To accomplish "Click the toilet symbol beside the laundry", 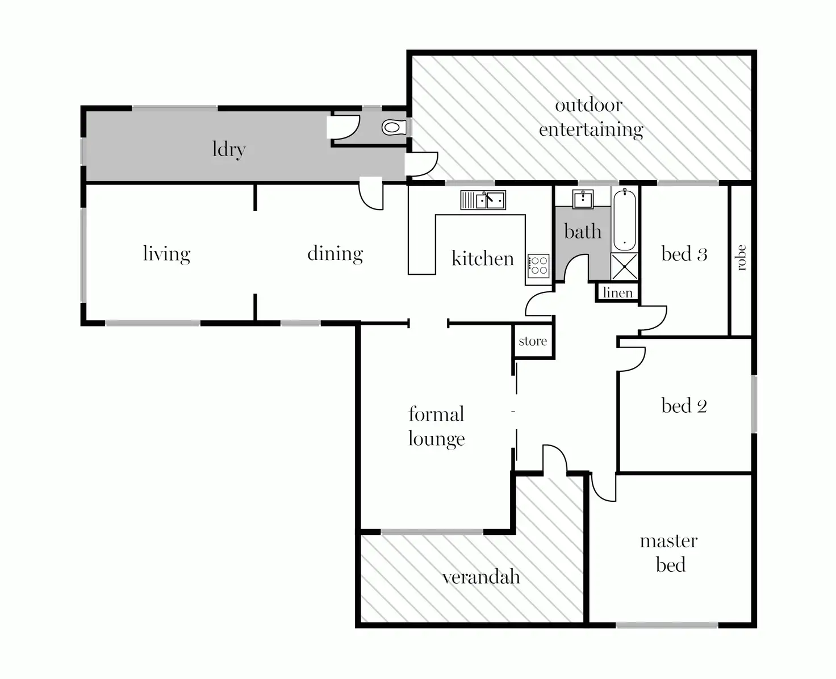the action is (x=392, y=127).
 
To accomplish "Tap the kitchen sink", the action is (x=483, y=200).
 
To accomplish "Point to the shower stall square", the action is (x=624, y=266).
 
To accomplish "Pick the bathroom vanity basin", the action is (x=583, y=199).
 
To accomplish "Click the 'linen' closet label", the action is (x=617, y=292).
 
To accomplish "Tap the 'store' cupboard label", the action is (x=533, y=341).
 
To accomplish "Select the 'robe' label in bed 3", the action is (x=740, y=258).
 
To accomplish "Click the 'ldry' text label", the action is (x=229, y=149).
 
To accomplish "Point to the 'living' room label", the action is (x=166, y=253).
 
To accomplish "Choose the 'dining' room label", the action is (x=335, y=253).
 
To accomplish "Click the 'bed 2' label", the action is (x=684, y=405).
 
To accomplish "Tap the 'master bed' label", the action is (x=669, y=552).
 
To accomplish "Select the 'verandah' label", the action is (x=481, y=577).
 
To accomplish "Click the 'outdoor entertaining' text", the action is (x=591, y=117).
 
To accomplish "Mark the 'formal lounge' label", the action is (x=436, y=426).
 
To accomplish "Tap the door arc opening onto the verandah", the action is (x=555, y=457).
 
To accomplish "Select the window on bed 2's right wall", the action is (x=754, y=404).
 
